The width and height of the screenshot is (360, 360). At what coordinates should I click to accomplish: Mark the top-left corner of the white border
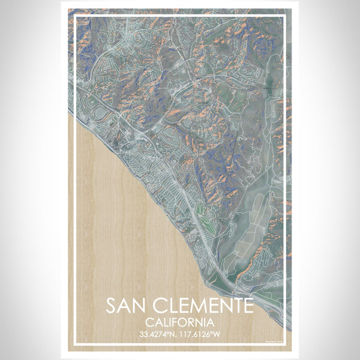point(74,15)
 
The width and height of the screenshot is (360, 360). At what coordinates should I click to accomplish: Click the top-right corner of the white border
point(286,15)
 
